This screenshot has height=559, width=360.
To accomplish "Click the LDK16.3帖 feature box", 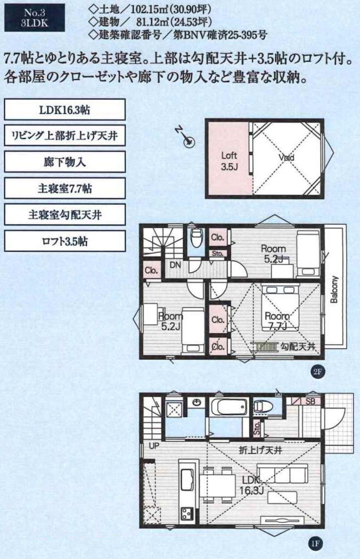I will coord(65,110).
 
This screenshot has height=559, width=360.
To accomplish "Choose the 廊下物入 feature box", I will coord(65,163).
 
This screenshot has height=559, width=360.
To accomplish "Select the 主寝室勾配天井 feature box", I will coord(65,215).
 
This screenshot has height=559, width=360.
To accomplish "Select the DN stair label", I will coord(174,265).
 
